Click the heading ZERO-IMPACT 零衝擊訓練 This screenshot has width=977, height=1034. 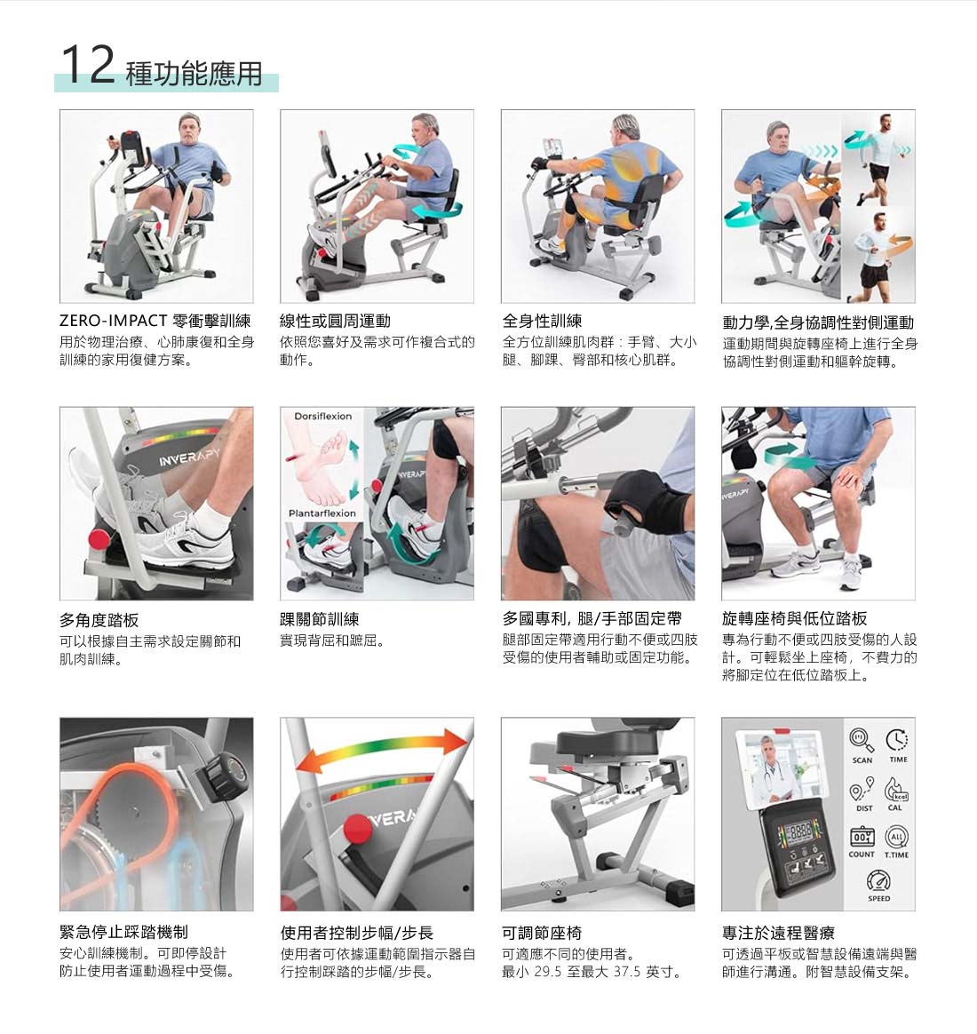click(x=155, y=322)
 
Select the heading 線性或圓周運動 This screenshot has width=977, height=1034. click(x=335, y=322)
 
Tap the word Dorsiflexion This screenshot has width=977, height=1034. click(x=322, y=416)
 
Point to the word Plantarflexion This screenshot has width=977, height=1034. click(x=322, y=513)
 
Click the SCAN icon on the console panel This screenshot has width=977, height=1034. click(x=861, y=739)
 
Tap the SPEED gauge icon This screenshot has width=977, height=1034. click(x=878, y=880)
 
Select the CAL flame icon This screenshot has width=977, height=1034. click(x=896, y=790)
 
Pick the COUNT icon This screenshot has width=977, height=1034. click(x=861, y=837)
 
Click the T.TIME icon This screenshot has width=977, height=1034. click(x=896, y=837)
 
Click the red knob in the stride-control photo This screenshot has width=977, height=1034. click(x=357, y=829)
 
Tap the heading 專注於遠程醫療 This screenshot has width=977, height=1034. click(x=778, y=933)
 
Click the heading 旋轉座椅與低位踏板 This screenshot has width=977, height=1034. click(x=794, y=618)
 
